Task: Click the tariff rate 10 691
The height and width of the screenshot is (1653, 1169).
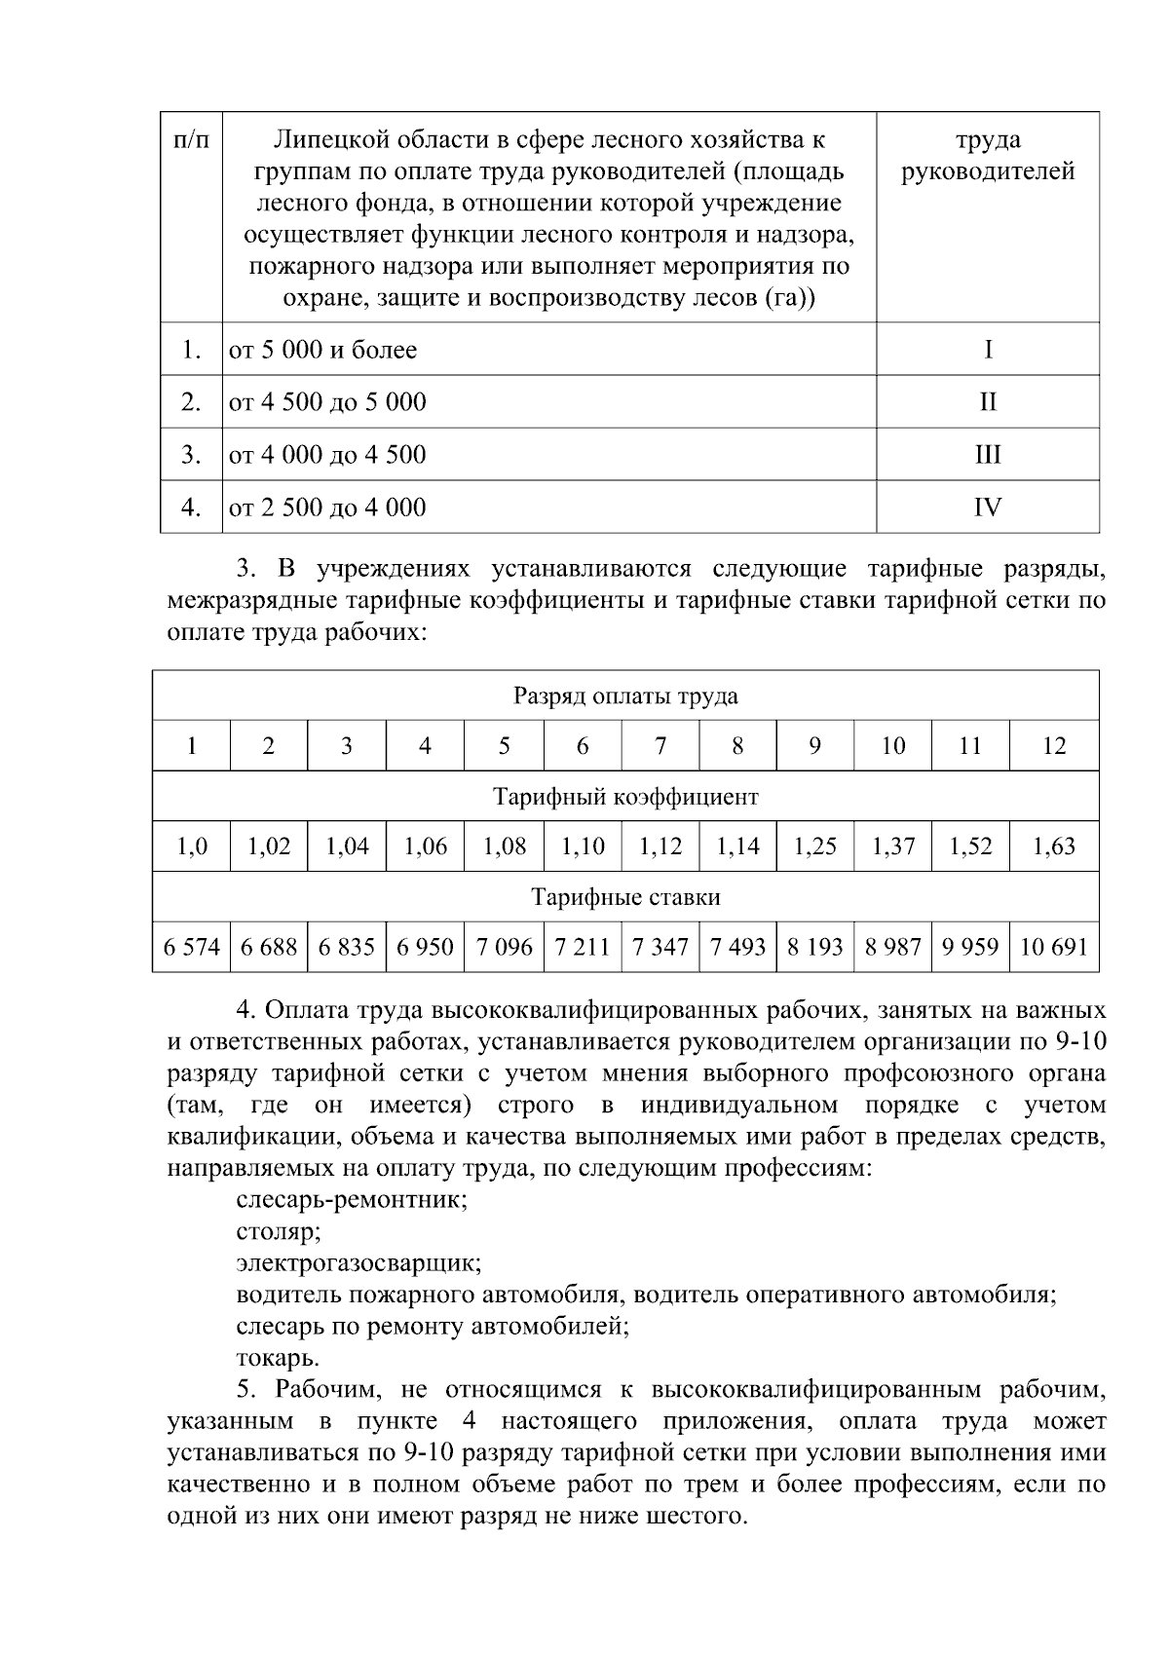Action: (x=1054, y=947)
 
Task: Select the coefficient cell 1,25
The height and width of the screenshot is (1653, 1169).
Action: (x=814, y=846)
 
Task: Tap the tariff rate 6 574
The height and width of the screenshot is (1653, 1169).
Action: (x=192, y=947)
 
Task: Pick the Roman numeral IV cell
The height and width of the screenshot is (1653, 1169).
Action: (x=988, y=507)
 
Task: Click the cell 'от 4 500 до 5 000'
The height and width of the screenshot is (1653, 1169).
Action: (x=327, y=402)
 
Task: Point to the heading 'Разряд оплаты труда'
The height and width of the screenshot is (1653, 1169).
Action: (x=625, y=696)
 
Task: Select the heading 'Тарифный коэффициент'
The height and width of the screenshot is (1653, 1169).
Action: (x=625, y=797)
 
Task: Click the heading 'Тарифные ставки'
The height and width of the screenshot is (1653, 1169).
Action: (x=625, y=897)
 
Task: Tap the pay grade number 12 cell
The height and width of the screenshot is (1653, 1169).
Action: (x=1054, y=746)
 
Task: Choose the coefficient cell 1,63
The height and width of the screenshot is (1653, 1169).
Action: (x=1054, y=846)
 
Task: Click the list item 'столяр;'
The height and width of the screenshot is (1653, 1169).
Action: (x=279, y=1232)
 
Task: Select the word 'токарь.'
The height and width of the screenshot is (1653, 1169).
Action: (x=278, y=1358)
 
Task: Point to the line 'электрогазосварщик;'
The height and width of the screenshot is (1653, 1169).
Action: (x=358, y=1263)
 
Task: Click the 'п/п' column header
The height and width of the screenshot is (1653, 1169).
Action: (x=191, y=140)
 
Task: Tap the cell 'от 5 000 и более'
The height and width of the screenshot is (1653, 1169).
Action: (x=322, y=350)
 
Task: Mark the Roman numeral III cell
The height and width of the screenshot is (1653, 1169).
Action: (x=988, y=455)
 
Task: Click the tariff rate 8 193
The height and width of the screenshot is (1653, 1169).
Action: (x=814, y=947)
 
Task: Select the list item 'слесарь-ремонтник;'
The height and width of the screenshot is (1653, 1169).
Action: (x=352, y=1200)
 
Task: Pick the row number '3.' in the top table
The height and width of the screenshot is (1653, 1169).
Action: (x=191, y=455)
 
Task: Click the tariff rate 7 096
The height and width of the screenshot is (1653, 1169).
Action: (x=504, y=947)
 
